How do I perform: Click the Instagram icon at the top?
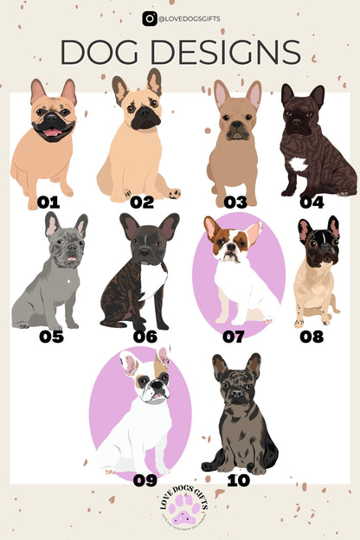point(150,17)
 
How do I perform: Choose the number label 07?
point(233,336)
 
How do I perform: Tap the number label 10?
point(237,479)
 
